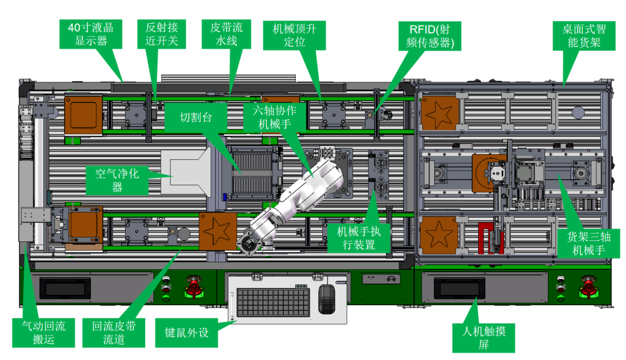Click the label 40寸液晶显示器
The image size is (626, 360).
pos(91,34)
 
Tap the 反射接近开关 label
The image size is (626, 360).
pos(161,34)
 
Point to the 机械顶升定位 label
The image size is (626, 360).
pos(294,34)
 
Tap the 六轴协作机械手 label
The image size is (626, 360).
pos(275,117)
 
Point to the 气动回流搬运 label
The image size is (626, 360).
pos(43,332)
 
